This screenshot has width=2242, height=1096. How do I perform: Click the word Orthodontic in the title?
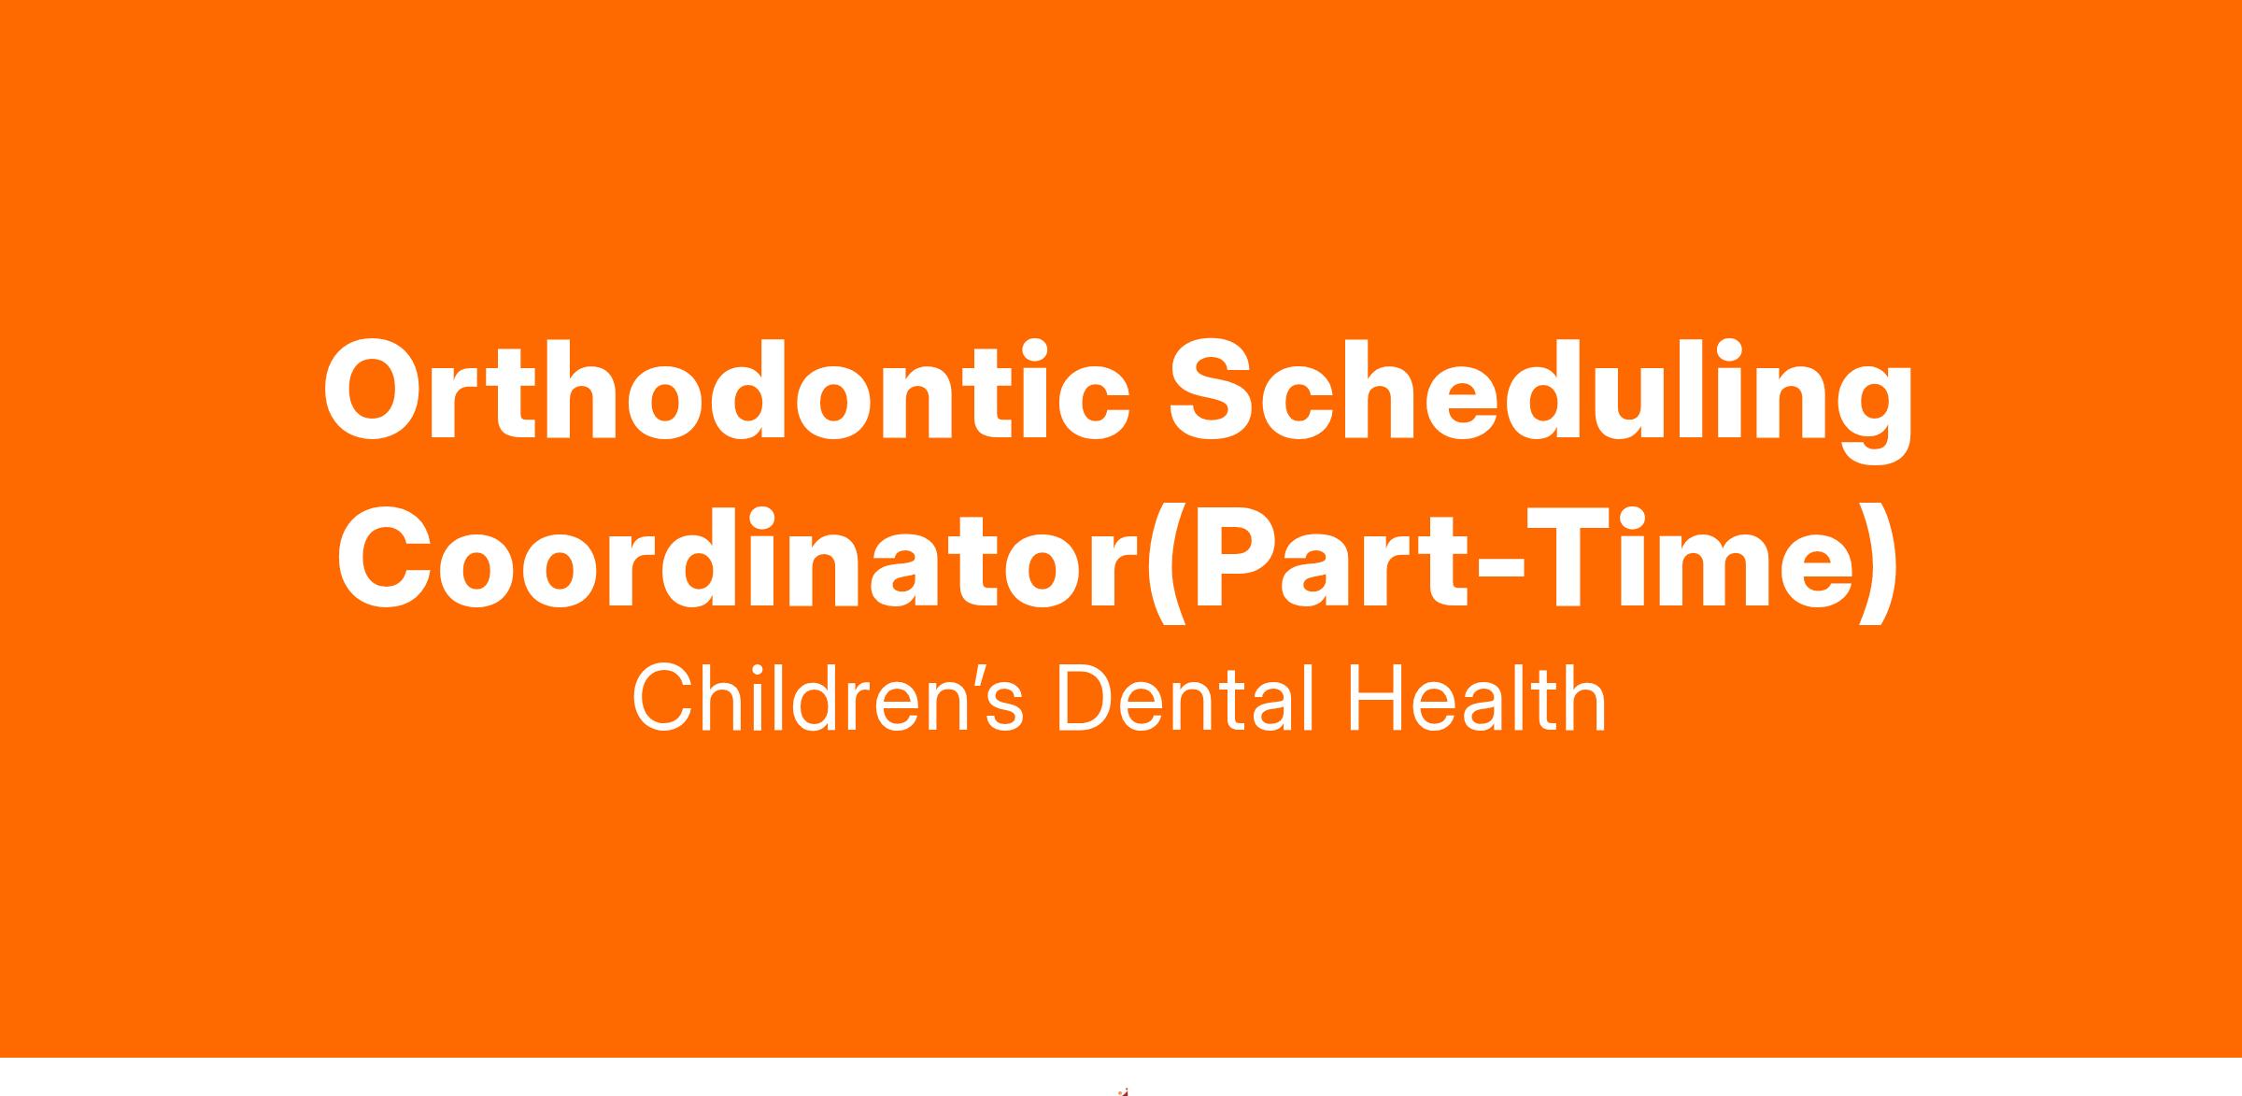726,390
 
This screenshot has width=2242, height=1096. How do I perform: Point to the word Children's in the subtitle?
828,698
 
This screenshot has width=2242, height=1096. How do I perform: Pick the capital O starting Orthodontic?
376,391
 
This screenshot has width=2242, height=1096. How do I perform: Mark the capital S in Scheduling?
1216,391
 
